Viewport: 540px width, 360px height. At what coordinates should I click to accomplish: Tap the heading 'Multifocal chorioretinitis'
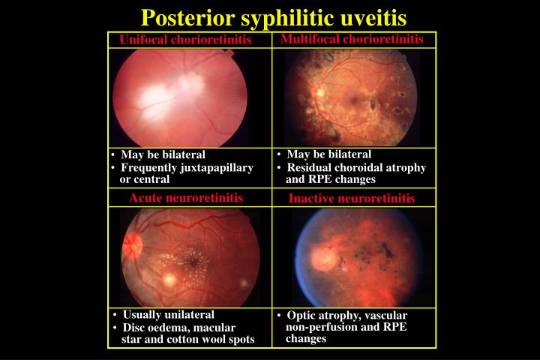coord(352,38)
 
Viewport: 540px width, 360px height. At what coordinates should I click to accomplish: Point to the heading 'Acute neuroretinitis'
coord(186,198)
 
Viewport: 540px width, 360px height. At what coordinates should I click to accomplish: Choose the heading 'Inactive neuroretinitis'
coord(352,199)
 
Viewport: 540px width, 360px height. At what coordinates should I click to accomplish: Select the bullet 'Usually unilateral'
coord(168,314)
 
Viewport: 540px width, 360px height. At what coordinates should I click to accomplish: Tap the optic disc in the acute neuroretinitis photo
coord(134,244)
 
